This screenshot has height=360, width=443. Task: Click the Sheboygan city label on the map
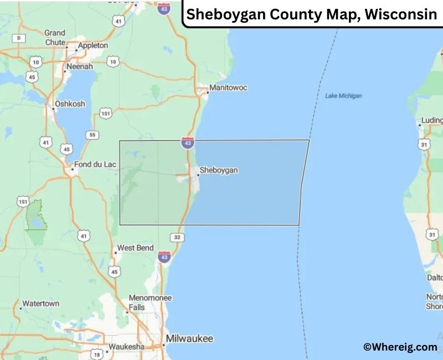(x=219, y=170)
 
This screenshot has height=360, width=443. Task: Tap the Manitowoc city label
(x=228, y=88)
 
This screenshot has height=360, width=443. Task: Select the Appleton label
(x=93, y=45)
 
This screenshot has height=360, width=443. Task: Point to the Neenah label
(x=80, y=66)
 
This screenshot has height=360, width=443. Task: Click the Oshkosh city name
(x=70, y=104)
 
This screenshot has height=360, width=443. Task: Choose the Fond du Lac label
(x=94, y=164)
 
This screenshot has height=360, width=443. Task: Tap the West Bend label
(x=135, y=248)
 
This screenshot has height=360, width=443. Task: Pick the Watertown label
(x=40, y=304)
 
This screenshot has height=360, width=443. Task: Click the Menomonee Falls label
(x=150, y=302)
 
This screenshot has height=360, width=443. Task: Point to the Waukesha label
(x=126, y=347)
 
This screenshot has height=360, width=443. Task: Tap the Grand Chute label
(x=55, y=37)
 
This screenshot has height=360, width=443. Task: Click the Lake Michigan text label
(x=343, y=96)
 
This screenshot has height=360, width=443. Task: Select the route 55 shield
(x=92, y=135)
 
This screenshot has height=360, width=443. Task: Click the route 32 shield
(x=177, y=238)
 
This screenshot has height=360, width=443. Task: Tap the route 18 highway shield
(x=97, y=354)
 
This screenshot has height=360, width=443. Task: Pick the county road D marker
(x=19, y=38)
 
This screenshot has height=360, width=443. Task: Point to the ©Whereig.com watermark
(x=400, y=347)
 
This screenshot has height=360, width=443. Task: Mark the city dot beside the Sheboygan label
(x=198, y=175)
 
